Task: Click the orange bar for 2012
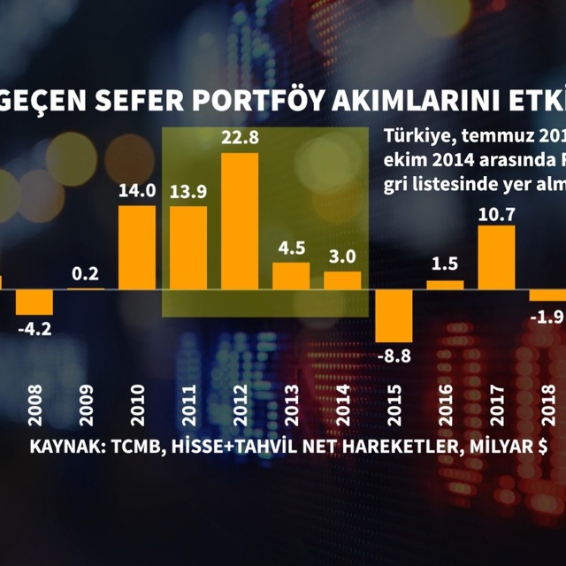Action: [x=239, y=221]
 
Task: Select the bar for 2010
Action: [x=137, y=248]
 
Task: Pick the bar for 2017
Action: [x=496, y=256]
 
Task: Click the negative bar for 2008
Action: [x=34, y=302]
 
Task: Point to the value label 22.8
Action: [x=239, y=139]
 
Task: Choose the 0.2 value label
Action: [x=86, y=272]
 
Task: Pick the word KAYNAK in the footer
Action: [x=63, y=446]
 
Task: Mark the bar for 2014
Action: [x=342, y=279]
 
